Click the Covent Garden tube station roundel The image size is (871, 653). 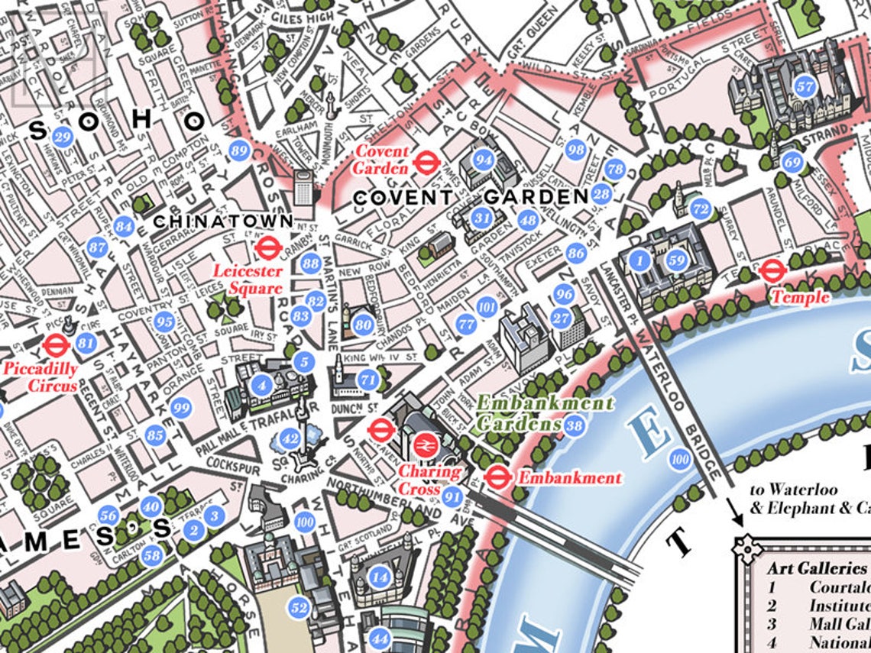point(425,161)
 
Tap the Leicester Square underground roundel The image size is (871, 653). point(266,247)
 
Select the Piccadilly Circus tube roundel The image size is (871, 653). point(54,346)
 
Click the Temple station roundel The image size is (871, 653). point(772,270)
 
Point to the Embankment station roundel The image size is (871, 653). point(497,477)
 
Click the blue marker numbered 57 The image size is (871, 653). point(805,86)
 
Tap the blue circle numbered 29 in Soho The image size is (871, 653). point(63,137)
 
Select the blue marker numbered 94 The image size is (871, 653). point(483,160)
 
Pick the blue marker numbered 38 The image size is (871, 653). point(574,425)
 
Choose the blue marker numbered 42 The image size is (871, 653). point(290,438)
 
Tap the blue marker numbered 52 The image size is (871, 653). point(299,608)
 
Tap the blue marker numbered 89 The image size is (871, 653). point(239,150)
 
